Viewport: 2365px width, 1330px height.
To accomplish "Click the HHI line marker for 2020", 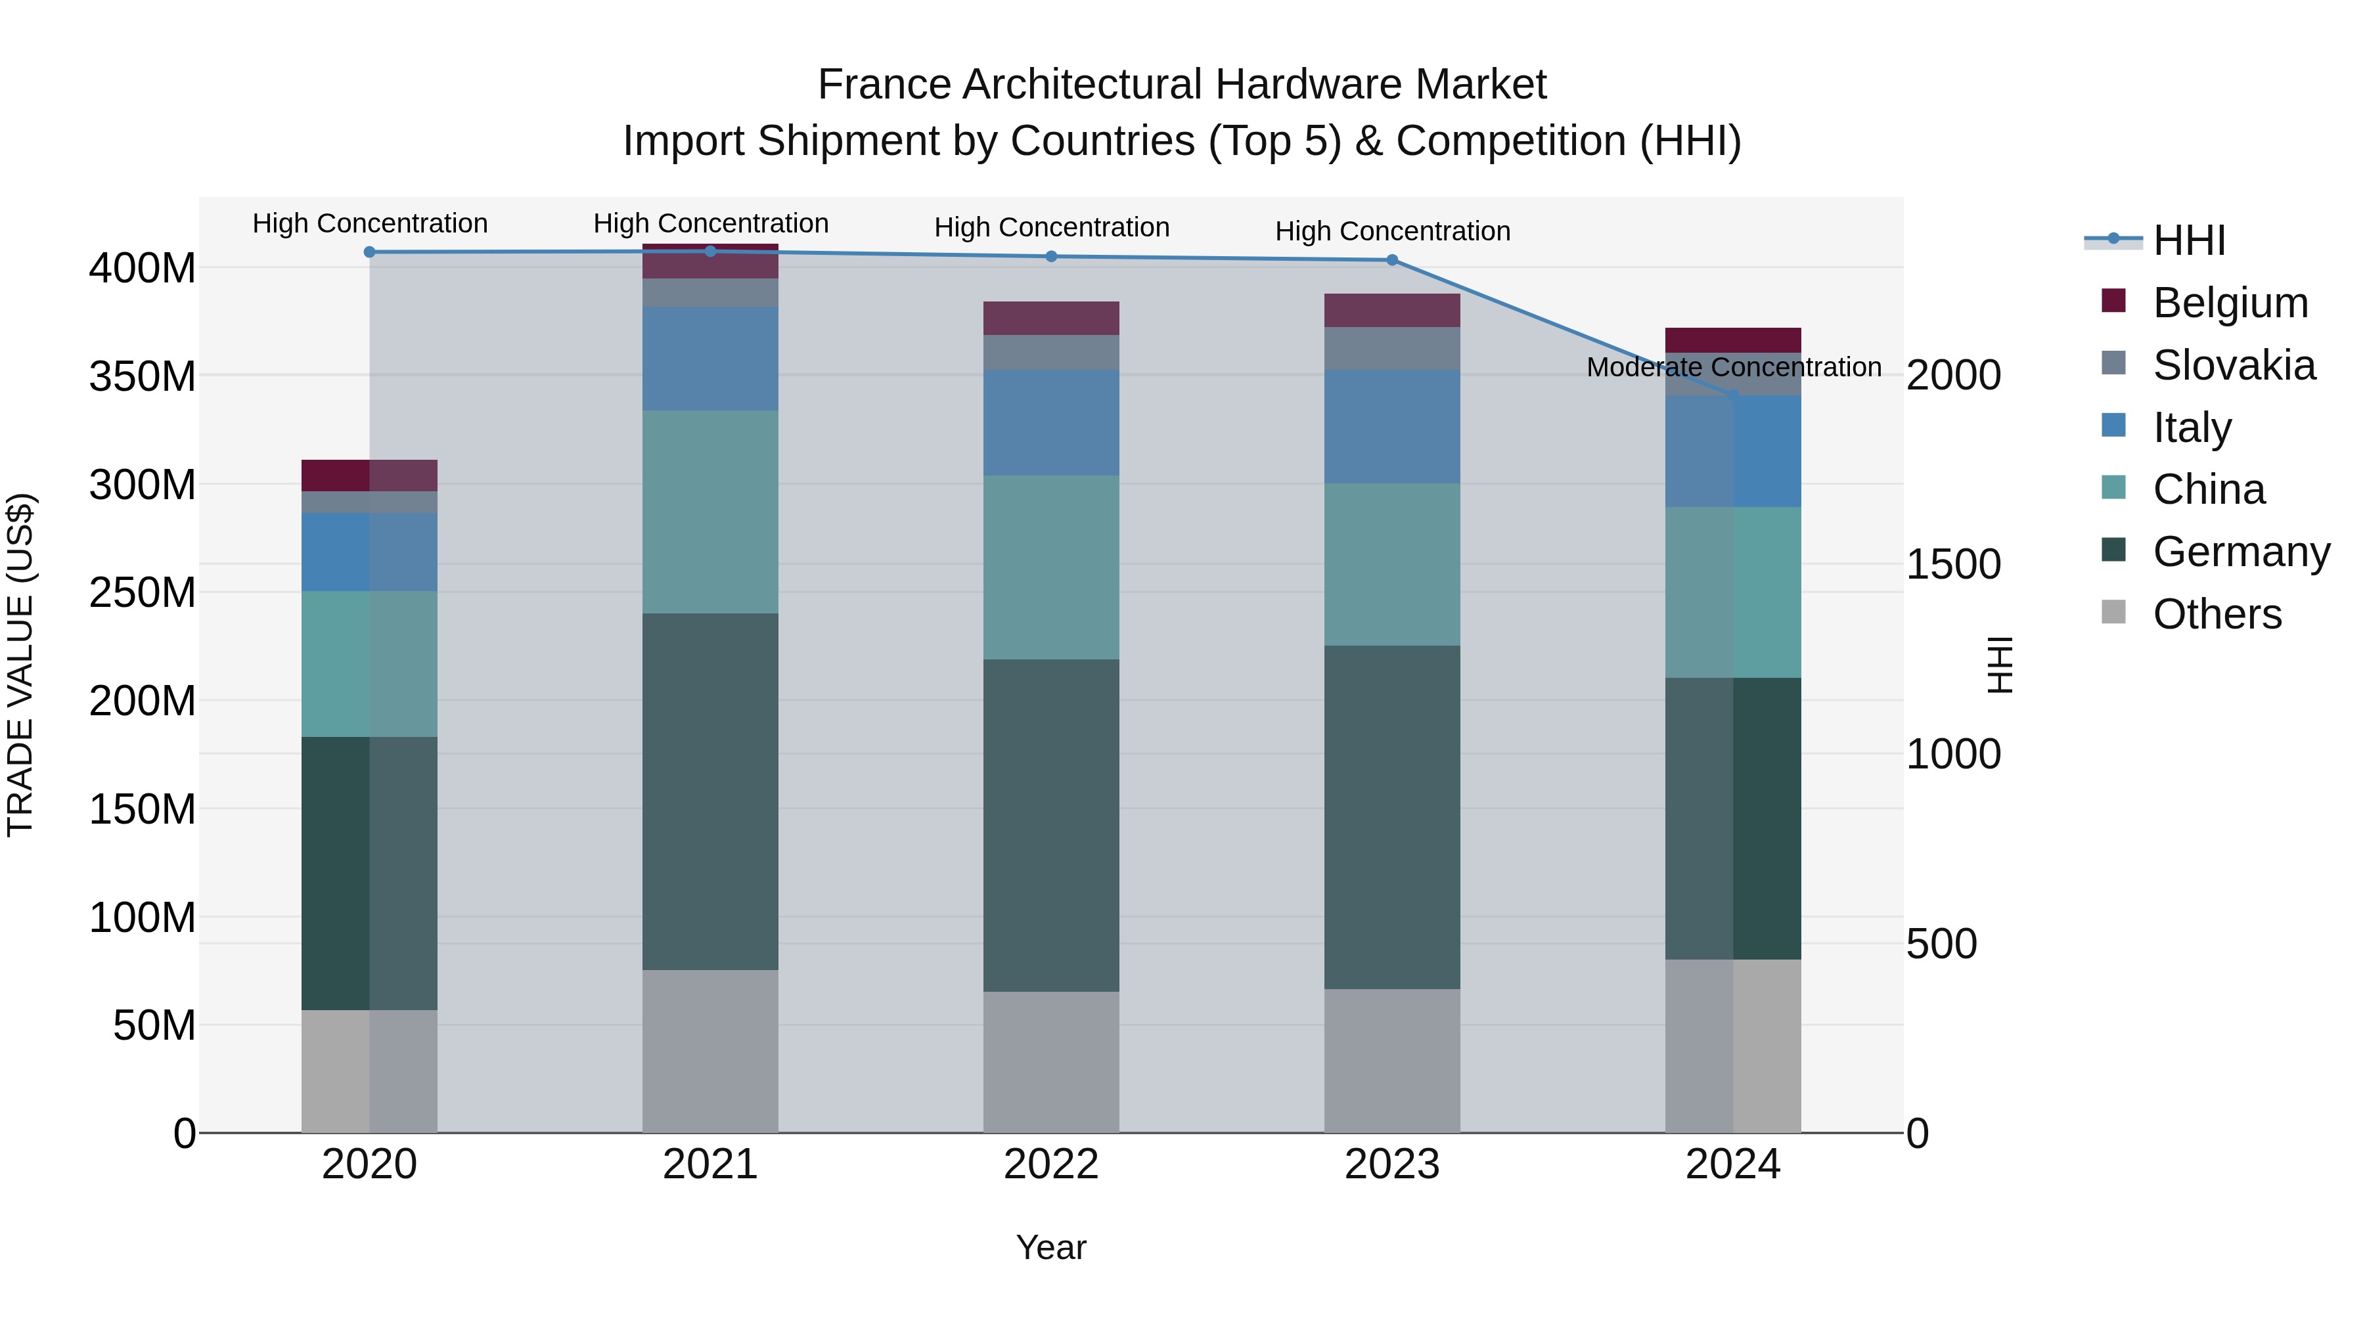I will [x=369, y=252].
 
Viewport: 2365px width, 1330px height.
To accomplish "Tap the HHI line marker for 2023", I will [x=1392, y=259].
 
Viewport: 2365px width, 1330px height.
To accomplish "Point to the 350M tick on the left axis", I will [x=143, y=376].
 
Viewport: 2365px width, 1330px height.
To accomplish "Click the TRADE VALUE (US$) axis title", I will [x=20, y=665].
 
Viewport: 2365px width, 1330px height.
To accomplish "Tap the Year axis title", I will [x=1050, y=1247].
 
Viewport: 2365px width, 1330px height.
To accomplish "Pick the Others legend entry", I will [x=2217, y=614].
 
